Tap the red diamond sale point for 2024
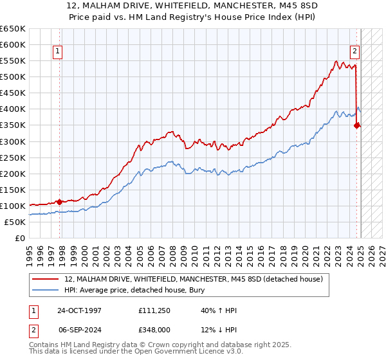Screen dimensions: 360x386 356,125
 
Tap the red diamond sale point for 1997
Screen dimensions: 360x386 60,202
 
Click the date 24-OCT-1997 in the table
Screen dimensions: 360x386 80,310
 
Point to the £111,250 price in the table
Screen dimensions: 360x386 152,310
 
